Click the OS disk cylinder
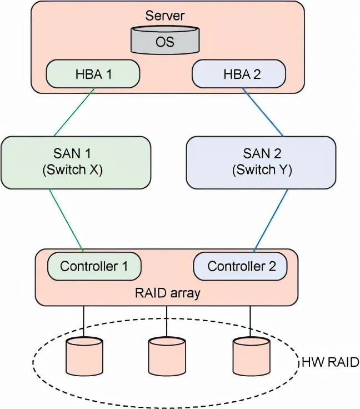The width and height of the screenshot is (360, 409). point(165,40)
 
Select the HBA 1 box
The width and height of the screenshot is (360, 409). point(93,74)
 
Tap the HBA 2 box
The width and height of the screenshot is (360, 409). point(239,74)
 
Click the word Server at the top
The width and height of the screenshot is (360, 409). point(164,16)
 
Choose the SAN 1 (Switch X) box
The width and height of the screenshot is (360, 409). point(76,162)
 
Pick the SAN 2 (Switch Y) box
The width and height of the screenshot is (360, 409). point(261,162)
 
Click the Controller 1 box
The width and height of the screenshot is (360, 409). point(94,266)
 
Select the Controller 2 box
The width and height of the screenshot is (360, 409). point(240,266)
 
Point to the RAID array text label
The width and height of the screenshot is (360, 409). point(167,293)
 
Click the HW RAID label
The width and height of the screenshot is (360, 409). point(331,362)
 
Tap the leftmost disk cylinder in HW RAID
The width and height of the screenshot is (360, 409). point(84,356)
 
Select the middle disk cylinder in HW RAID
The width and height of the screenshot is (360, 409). point(167,356)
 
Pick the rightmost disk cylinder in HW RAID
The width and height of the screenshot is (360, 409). point(251,356)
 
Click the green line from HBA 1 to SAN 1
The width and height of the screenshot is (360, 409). point(74,112)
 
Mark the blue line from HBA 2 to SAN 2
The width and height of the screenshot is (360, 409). point(263,112)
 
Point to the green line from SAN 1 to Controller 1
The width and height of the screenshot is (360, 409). point(66,221)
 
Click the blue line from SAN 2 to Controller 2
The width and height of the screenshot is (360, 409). point(271,221)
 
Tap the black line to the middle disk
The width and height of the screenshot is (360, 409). point(167,322)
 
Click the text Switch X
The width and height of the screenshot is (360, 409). point(72,170)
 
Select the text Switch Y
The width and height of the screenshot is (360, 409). point(262,170)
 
